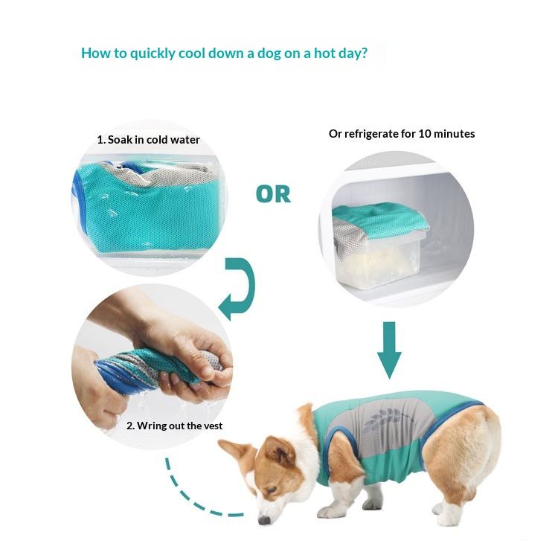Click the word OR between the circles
coord(273,194)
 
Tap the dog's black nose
coord(263,520)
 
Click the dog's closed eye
coord(271,490)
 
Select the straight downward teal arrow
coord(389,350)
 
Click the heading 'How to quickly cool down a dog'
coord(224,53)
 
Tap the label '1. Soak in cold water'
coord(148,140)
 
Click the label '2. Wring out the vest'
coord(174,426)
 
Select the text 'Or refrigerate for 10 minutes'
coord(402,134)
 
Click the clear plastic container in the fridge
coord(379,258)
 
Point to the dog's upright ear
coord(279,451)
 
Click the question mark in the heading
coord(363,53)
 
